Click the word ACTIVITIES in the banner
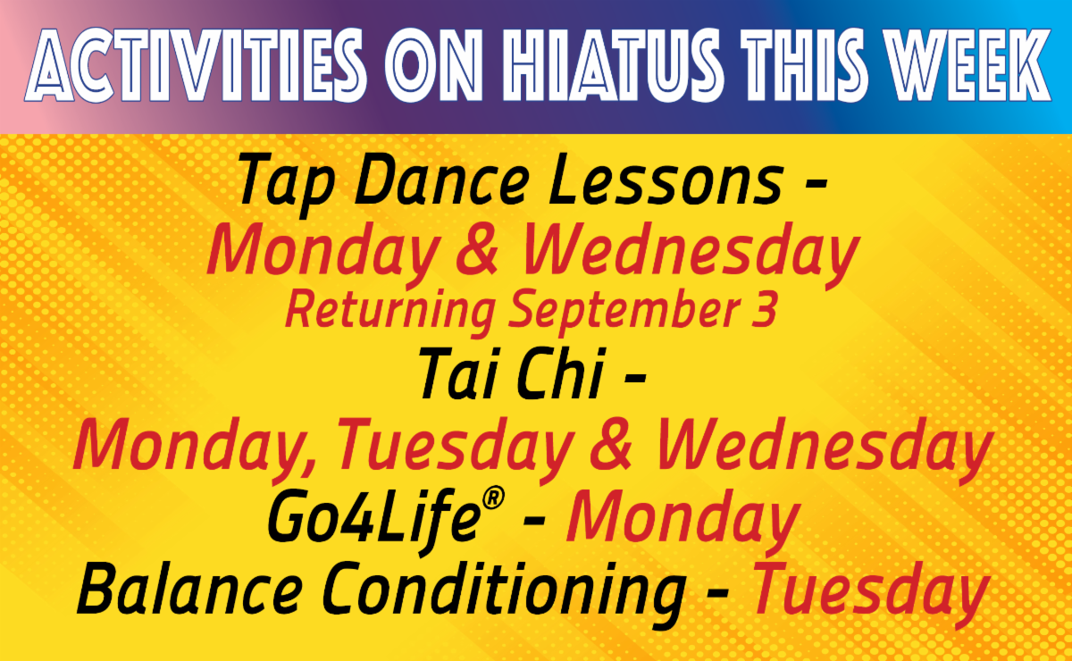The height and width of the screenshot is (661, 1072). (197, 65)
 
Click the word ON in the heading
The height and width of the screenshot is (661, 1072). (433, 65)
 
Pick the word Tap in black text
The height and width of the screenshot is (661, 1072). (286, 185)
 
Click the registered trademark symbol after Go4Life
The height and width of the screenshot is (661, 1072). (493, 498)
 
